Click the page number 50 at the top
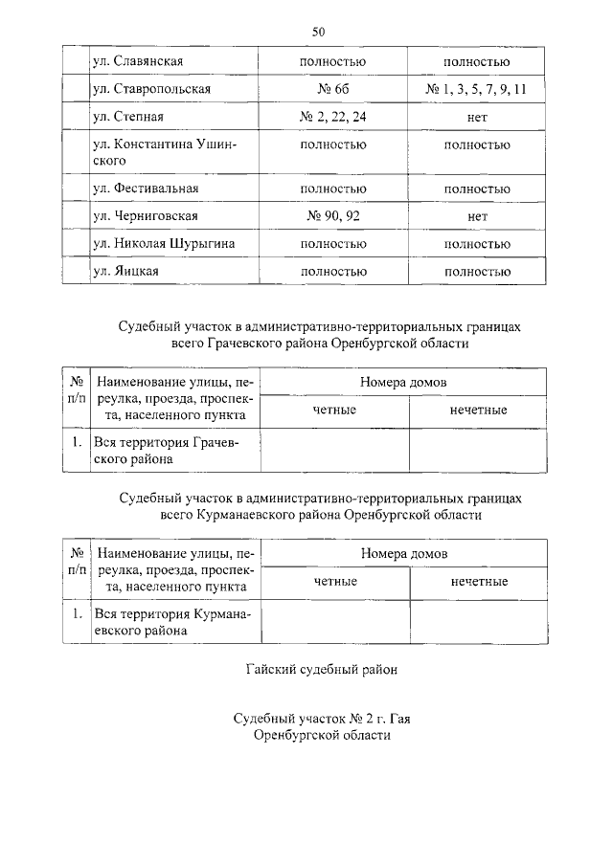[x=319, y=32]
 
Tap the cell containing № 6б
[x=333, y=89]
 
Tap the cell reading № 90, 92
[x=333, y=216]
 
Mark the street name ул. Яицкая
[x=125, y=272]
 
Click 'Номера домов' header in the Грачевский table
[x=403, y=381]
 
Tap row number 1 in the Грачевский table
[x=77, y=443]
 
